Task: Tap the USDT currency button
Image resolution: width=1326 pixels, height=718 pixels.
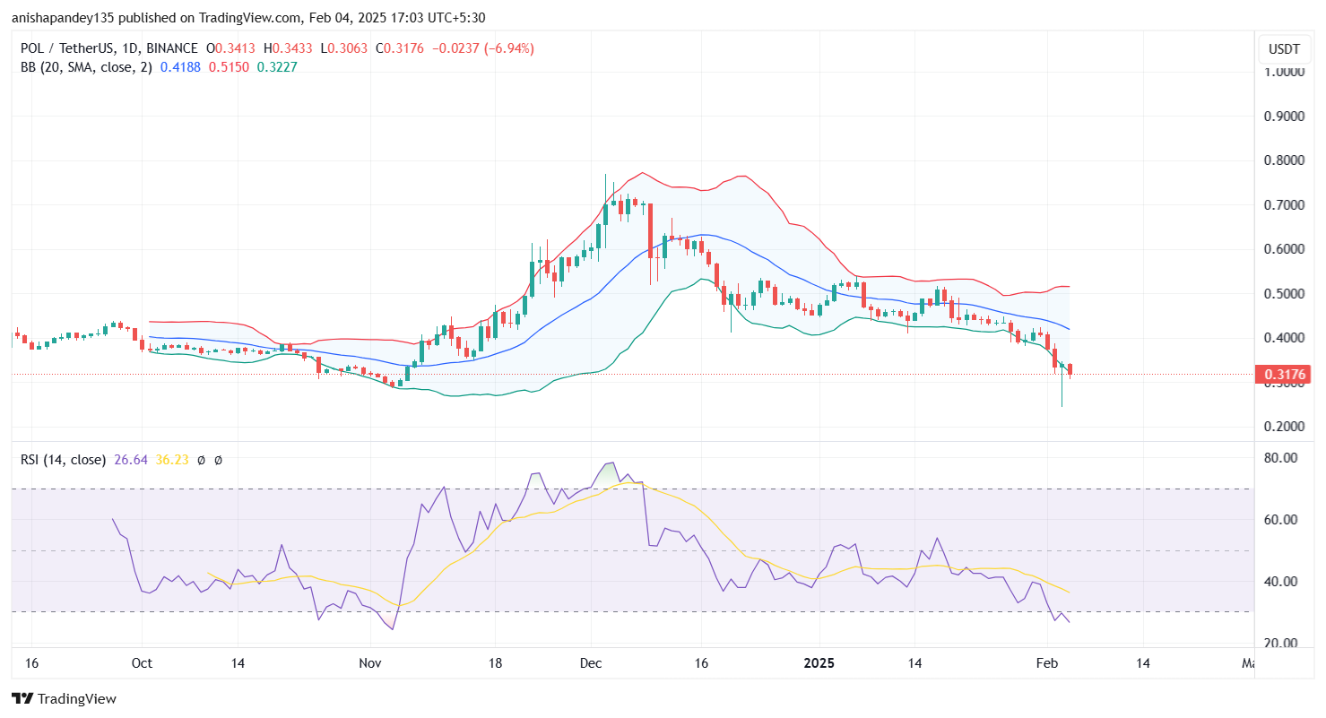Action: click(x=1281, y=48)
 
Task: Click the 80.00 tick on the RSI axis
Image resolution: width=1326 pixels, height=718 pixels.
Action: click(x=1283, y=458)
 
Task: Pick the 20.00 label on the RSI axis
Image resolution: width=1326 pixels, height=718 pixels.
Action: click(x=1283, y=644)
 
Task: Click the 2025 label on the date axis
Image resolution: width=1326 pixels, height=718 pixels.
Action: click(x=819, y=664)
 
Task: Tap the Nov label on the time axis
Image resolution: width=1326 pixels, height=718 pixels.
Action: click(x=369, y=664)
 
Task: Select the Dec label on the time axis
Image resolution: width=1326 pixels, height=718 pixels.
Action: click(x=590, y=664)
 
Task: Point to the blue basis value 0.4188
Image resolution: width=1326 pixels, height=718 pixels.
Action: click(x=181, y=66)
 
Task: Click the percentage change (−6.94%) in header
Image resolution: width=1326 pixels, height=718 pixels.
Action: click(x=508, y=48)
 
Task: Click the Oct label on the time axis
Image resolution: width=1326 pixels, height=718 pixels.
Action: click(x=142, y=664)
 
